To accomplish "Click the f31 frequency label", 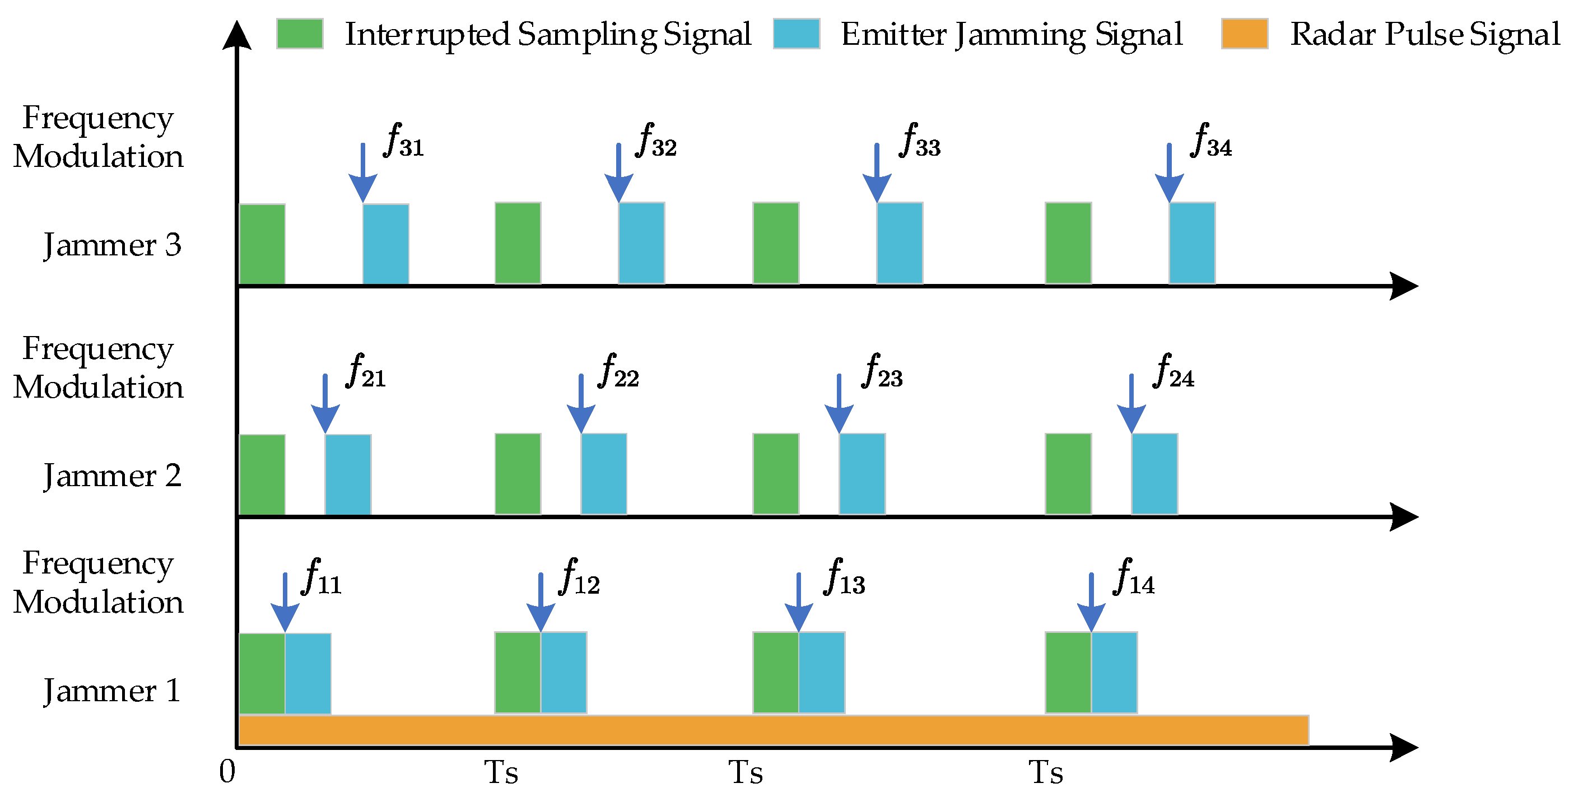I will (x=403, y=142).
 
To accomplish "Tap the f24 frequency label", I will (x=1173, y=372).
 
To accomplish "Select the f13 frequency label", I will (x=845, y=578).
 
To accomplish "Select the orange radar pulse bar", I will (x=773, y=730).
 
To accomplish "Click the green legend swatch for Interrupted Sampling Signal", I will (x=300, y=34).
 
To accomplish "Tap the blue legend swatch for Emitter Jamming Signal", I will (x=796, y=34).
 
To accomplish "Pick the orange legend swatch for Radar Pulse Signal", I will (x=1245, y=34).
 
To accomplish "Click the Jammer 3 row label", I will (x=113, y=245).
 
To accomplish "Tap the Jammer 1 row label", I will (x=113, y=691).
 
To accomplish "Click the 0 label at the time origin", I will (x=227, y=772).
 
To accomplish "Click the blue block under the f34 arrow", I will (x=1192, y=243).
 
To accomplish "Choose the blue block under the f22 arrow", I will (x=604, y=474).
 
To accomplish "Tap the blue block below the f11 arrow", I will (x=308, y=673).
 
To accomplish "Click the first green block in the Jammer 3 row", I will (x=262, y=244).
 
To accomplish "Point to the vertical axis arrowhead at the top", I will (x=236, y=34).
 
